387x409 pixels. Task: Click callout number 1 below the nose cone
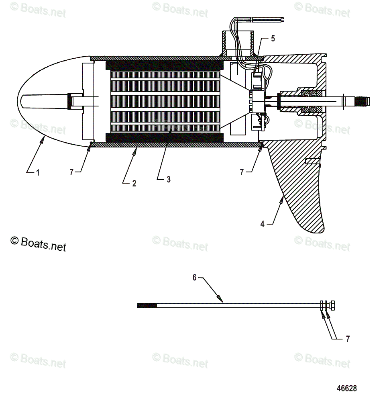(x=38, y=173)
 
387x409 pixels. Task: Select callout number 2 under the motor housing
(x=134, y=183)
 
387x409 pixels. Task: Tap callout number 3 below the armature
(x=169, y=180)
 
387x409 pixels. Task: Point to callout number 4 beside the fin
(x=263, y=224)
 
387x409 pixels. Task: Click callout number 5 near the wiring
(x=273, y=39)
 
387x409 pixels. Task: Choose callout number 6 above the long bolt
(x=195, y=278)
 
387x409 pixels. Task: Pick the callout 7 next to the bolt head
(x=348, y=339)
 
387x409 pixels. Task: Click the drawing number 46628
(x=346, y=389)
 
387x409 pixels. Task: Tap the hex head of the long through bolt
(x=331, y=305)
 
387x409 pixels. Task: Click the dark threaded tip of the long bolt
(x=147, y=305)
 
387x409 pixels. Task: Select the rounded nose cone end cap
(x=44, y=100)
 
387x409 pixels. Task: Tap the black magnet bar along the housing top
(x=164, y=65)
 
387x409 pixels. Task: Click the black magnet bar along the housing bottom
(x=164, y=137)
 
